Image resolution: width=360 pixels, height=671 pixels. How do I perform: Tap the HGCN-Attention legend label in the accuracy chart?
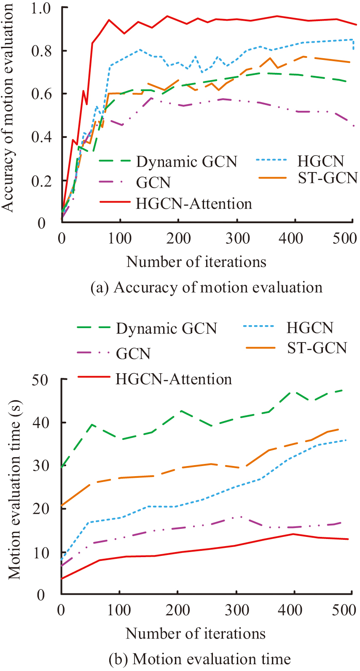[193, 204]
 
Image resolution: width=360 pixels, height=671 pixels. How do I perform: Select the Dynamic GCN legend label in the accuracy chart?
[186, 162]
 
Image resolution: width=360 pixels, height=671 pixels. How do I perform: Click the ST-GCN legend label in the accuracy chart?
[328, 178]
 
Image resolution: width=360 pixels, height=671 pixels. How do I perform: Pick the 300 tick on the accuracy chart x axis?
[237, 238]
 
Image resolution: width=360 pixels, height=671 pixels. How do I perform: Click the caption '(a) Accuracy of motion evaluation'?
[207, 288]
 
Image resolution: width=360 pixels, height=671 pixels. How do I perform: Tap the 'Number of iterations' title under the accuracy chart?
[196, 262]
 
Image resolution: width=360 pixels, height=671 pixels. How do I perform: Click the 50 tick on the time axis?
[41, 380]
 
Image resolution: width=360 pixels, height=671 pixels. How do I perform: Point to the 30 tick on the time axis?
[41, 466]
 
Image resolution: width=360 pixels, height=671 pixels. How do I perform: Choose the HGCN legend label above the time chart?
[310, 328]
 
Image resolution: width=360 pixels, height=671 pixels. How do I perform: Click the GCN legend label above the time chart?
[133, 353]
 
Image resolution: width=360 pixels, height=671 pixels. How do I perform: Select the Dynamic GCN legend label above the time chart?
[167, 329]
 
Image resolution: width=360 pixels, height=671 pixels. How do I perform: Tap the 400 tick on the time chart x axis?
[291, 610]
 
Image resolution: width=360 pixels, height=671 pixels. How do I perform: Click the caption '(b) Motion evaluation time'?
[199, 659]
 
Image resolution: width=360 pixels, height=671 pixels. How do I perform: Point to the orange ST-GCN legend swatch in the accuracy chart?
[273, 178]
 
